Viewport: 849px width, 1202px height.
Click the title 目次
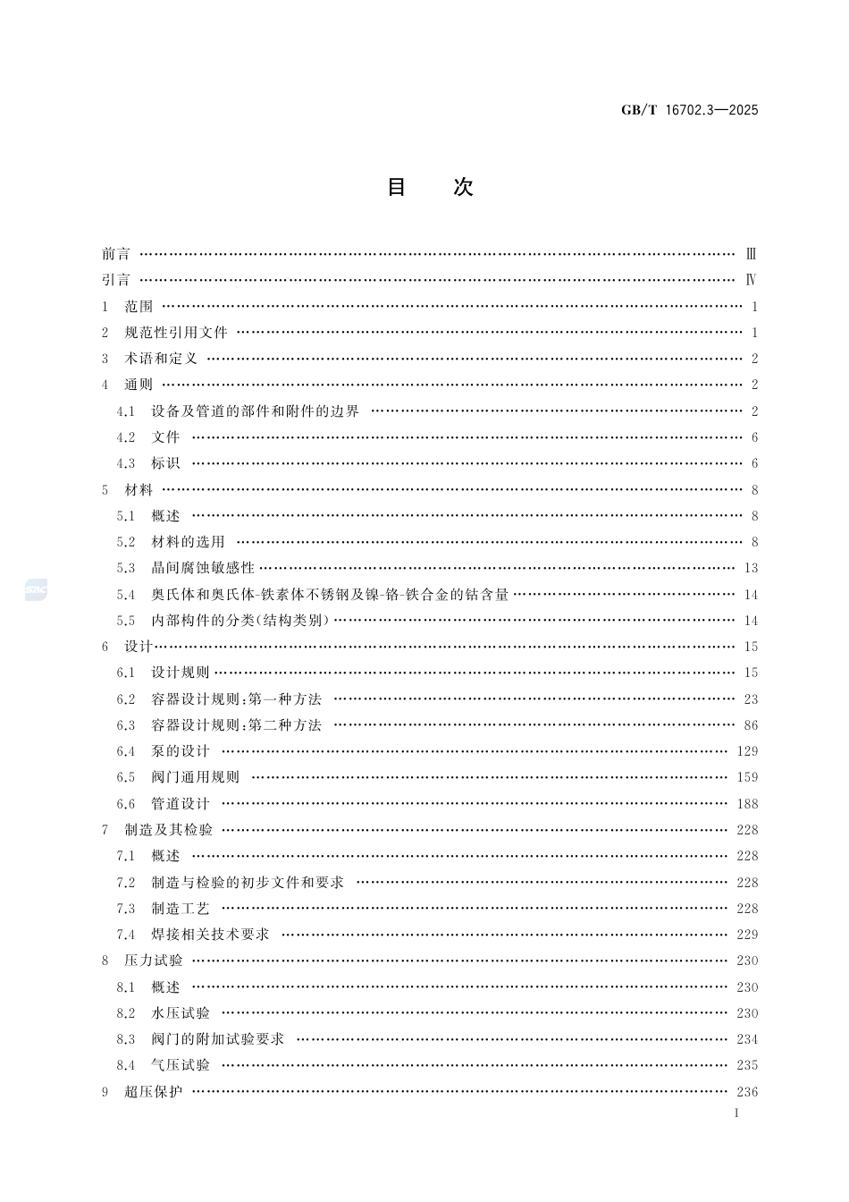click(429, 187)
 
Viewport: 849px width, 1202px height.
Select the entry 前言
click(115, 254)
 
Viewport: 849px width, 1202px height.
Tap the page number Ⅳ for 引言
click(752, 280)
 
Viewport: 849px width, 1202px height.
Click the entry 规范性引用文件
click(176, 333)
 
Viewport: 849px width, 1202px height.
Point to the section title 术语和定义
click(161, 359)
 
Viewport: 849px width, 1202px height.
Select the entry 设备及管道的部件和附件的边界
click(255, 411)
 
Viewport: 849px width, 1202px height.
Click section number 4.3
click(126, 463)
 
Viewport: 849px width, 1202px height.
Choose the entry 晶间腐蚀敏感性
click(203, 568)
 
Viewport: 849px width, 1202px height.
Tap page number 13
click(750, 568)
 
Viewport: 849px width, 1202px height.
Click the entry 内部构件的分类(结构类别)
click(240, 621)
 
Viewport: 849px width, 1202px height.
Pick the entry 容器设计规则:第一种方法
click(236, 699)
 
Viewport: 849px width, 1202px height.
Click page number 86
click(750, 725)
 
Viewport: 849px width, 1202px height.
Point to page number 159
click(747, 777)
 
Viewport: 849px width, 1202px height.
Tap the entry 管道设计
click(181, 804)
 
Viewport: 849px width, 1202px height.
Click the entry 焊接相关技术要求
click(210, 935)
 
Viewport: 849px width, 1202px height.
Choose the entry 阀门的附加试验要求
click(217, 1039)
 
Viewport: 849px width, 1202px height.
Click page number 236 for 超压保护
click(747, 1092)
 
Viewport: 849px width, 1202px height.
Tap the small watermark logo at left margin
click(36, 589)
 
